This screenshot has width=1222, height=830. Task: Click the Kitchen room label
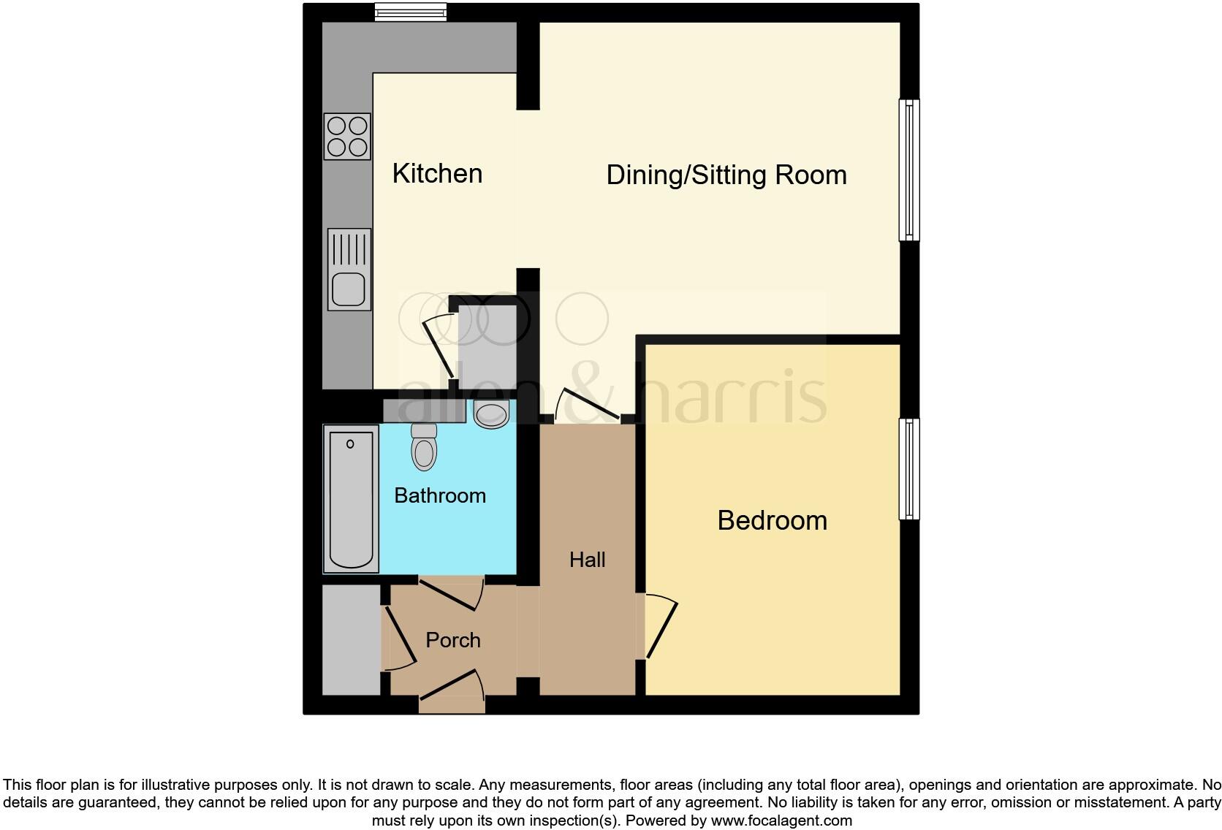click(x=437, y=174)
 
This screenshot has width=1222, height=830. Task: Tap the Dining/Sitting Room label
click(x=726, y=175)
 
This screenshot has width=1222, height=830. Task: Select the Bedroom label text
click(x=772, y=521)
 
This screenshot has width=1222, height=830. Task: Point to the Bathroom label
click(x=440, y=496)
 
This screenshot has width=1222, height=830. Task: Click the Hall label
click(x=588, y=560)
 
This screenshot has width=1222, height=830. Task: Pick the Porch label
click(x=453, y=641)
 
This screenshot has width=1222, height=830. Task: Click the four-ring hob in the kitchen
click(x=347, y=137)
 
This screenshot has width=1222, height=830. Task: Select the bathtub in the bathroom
click(x=351, y=499)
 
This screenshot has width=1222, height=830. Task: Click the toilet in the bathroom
click(x=425, y=446)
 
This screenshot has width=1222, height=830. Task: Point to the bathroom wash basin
click(x=491, y=414)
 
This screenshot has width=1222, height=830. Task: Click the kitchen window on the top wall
click(x=410, y=11)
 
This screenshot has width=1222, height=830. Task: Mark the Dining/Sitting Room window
click(x=909, y=170)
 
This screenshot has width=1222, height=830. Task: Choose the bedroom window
click(x=909, y=469)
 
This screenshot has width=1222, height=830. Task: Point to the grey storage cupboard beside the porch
click(x=352, y=640)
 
